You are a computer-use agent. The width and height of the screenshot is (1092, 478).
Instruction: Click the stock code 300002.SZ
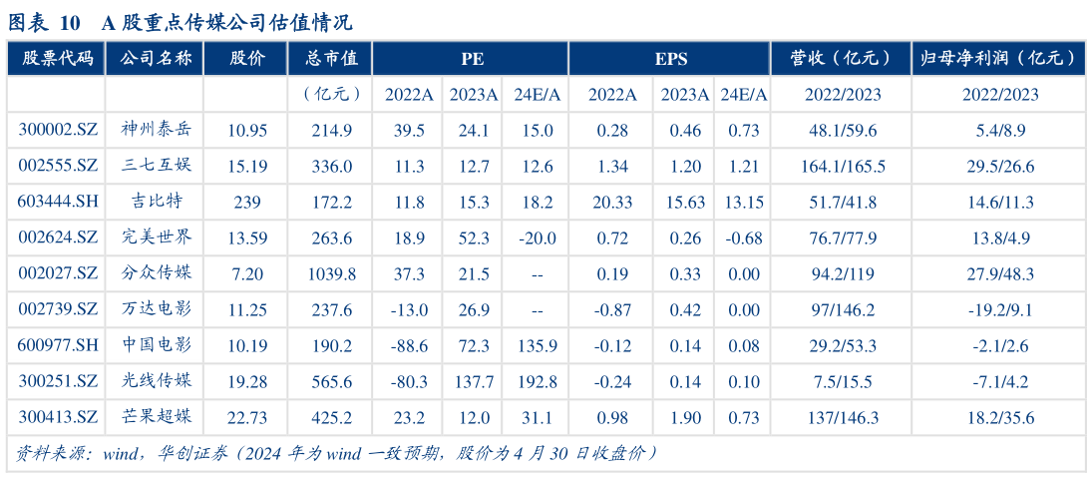58,131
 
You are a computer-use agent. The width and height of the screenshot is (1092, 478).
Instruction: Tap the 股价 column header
247,59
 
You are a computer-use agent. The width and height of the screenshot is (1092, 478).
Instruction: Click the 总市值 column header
331,59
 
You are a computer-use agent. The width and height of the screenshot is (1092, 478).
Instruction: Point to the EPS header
671,59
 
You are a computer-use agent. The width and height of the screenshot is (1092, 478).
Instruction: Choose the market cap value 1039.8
332,274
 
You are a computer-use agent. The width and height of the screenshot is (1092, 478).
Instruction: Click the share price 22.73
247,418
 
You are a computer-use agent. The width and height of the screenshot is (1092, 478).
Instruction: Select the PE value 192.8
537,382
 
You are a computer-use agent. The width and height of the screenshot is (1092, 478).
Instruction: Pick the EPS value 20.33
612,203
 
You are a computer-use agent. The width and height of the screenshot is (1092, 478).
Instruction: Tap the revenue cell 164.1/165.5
843,167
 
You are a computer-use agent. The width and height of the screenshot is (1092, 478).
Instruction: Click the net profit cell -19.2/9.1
999,310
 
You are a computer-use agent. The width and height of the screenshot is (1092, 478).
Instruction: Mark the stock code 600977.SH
58,346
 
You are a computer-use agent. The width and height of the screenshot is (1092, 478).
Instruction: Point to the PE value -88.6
410,346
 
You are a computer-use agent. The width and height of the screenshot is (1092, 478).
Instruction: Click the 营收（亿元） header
843,59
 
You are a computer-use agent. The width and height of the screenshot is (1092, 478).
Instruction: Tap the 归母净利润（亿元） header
999,59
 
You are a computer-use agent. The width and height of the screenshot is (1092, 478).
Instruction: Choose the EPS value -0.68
744,239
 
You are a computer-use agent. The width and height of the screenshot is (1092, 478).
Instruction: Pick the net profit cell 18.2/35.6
999,418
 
